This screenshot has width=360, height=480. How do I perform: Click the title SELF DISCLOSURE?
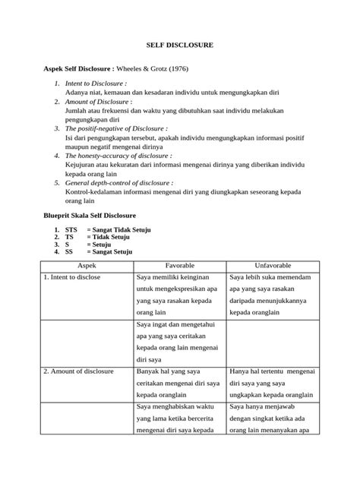click(180, 46)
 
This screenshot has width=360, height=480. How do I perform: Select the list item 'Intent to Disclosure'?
click(95, 82)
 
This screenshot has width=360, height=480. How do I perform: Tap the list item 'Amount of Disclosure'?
click(98, 100)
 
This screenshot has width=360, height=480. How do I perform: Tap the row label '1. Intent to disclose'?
click(77, 278)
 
